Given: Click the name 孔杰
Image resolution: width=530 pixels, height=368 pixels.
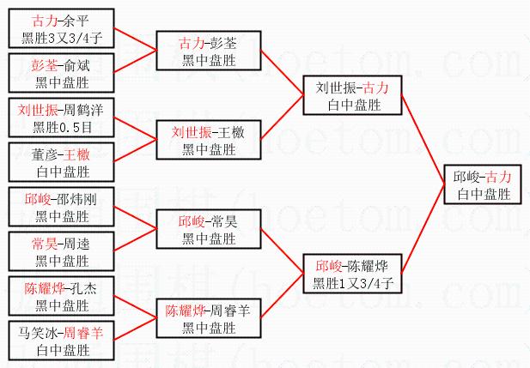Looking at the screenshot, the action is (82, 288).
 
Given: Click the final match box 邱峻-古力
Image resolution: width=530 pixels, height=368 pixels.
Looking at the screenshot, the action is (483, 184).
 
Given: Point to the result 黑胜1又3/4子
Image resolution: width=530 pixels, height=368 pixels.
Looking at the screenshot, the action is (353, 282).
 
